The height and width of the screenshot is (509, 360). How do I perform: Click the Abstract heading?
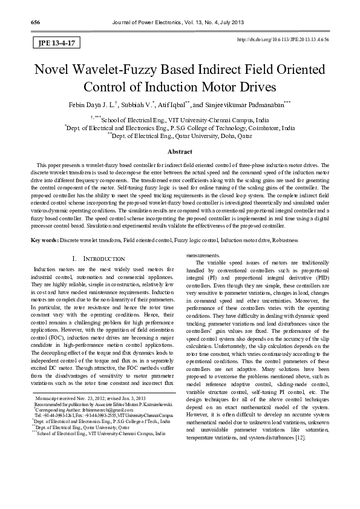(180, 153)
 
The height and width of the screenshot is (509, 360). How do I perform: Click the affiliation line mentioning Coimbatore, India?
(180, 128)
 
